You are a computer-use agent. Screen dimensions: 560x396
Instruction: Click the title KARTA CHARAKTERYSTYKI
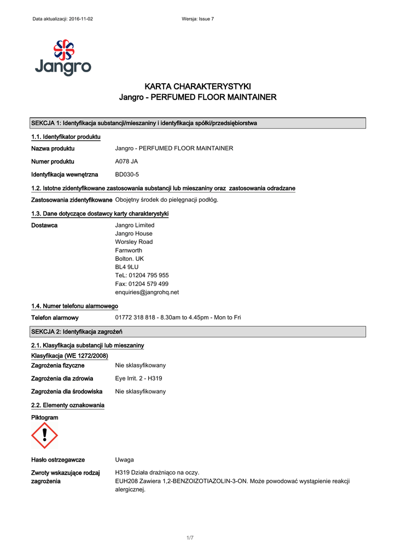pos(197,86)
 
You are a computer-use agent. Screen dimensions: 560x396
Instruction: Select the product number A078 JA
pos(126,161)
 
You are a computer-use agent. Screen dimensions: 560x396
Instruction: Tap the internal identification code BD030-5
pos(127,174)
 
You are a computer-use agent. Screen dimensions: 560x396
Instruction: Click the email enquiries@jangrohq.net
pos(147,292)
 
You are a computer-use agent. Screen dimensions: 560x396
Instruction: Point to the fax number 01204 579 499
pos(142,284)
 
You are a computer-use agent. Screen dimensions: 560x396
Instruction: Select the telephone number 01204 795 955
pos(142,276)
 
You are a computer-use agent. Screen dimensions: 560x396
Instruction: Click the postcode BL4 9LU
pos(126,267)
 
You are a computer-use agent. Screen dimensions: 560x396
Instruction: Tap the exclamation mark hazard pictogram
pos(44,435)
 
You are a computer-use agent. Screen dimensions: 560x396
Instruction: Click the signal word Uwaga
pos(124,460)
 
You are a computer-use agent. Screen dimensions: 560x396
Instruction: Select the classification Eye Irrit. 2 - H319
pos(138,378)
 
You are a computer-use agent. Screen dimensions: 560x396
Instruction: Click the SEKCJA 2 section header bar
pos(197,332)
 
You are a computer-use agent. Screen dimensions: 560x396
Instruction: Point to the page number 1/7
pos(190,538)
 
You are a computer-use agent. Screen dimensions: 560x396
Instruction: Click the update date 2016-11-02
pos(81,19)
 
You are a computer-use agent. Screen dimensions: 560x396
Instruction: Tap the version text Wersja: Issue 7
pos(197,19)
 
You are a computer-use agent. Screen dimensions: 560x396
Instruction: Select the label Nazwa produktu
pos(53,148)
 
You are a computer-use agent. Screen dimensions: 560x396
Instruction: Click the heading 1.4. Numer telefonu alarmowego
pos(74,306)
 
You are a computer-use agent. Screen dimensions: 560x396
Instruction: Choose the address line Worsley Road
pos(133,242)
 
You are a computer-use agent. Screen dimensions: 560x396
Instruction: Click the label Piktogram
pos(44,418)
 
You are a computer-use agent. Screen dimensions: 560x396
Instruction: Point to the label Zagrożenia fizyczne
pos(57,365)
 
